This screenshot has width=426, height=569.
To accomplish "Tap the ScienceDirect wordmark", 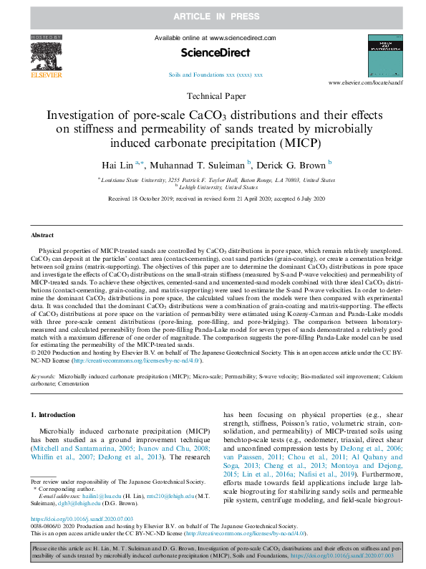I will pos(215,52).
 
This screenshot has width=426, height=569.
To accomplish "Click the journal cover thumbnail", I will pos(384,55).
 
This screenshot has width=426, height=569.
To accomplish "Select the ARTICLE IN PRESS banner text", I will pos(213,15).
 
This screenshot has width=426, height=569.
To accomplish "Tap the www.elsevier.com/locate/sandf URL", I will pos(371,84).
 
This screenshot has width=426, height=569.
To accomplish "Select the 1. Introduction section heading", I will pos(57,415).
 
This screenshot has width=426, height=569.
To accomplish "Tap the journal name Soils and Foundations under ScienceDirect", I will pos(216,75).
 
